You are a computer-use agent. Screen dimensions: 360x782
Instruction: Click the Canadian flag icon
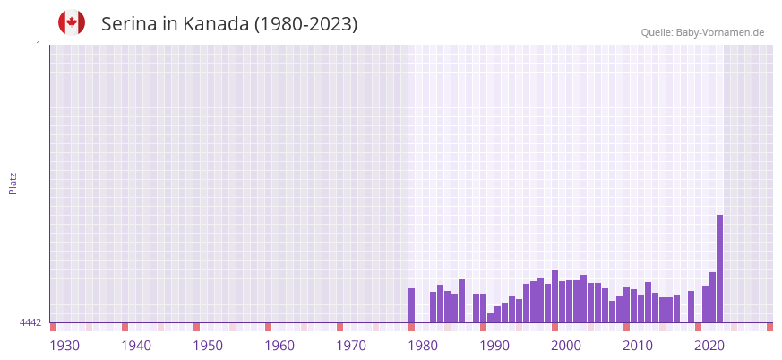click(72, 22)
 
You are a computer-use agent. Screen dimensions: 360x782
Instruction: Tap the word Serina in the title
click(129, 24)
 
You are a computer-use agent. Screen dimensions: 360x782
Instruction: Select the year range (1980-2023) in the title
click(305, 24)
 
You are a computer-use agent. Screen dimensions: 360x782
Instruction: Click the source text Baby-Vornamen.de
click(719, 32)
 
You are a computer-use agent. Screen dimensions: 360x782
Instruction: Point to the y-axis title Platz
click(13, 183)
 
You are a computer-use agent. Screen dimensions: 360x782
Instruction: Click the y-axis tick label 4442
click(30, 322)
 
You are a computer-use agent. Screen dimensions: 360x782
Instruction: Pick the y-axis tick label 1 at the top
click(38, 45)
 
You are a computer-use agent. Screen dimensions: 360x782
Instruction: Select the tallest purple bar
click(719, 269)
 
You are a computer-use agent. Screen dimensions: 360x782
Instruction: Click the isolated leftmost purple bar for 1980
click(411, 305)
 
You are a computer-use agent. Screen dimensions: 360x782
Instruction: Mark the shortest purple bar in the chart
click(490, 318)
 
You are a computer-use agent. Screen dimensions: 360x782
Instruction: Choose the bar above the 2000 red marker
click(554, 296)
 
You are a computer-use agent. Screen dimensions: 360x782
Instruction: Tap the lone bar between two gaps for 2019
click(691, 306)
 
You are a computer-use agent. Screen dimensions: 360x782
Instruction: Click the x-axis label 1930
click(64, 346)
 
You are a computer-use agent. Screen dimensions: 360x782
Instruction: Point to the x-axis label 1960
click(279, 346)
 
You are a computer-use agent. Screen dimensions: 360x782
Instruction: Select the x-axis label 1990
click(494, 346)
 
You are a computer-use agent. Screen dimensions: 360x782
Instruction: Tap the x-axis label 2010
click(638, 346)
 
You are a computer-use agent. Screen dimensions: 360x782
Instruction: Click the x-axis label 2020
click(709, 346)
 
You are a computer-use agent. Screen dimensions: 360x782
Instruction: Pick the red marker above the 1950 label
click(196, 327)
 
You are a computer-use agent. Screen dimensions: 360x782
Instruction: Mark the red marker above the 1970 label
click(339, 327)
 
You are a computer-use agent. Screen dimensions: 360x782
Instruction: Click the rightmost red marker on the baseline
click(769, 327)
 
